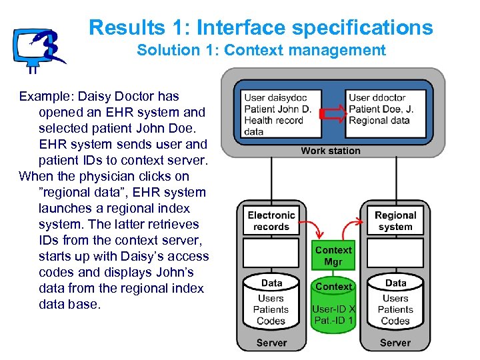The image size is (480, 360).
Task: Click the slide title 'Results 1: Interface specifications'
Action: [x=261, y=28]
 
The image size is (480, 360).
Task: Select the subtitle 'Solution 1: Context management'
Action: [x=261, y=50]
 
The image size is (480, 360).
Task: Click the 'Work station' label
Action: [x=330, y=151]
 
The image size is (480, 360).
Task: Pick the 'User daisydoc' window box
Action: [x=281, y=114]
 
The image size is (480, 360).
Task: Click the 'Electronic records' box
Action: [x=271, y=221]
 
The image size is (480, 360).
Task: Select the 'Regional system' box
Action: [x=395, y=221]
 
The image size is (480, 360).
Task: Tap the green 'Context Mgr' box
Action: [x=333, y=256]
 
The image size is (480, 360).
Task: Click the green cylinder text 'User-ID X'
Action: [x=333, y=309]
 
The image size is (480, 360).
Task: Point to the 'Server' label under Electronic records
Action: [x=271, y=343]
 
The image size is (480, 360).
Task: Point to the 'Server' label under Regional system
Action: [x=395, y=343]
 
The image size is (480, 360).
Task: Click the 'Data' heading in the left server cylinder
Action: [x=271, y=283]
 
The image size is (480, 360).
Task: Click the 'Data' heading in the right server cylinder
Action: [x=395, y=283]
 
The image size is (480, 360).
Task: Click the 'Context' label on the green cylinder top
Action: [x=333, y=287]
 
